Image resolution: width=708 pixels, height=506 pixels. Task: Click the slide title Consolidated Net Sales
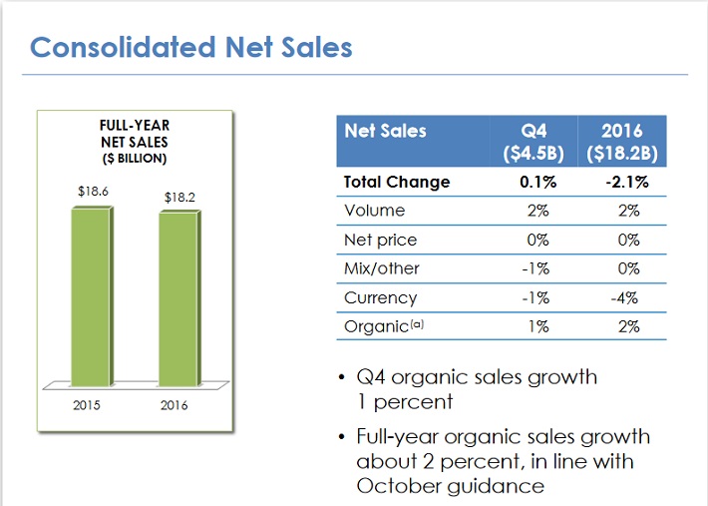click(x=190, y=47)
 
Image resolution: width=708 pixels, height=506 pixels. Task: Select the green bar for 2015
click(x=93, y=294)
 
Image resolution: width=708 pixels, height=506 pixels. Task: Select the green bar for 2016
click(x=179, y=299)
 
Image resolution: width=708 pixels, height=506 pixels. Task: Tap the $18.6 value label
click(x=92, y=190)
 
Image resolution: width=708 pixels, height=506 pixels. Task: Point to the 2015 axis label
click(x=88, y=405)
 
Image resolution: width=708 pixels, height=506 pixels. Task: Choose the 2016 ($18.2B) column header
click(x=622, y=142)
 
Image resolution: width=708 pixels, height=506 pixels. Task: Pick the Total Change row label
click(x=396, y=182)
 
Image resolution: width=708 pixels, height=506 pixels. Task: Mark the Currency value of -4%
click(x=625, y=297)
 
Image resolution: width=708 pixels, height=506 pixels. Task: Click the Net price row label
click(x=380, y=240)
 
